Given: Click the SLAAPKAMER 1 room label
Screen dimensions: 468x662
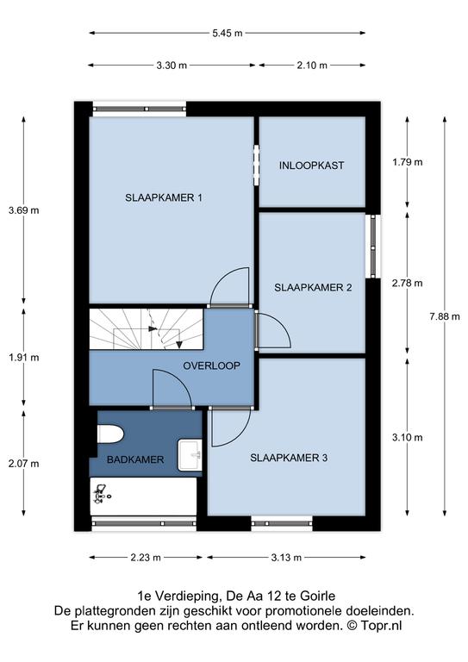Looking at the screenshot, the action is [163, 197].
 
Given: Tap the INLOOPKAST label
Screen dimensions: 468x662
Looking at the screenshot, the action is [311, 165].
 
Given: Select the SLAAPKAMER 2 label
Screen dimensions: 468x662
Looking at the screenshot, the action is [313, 288].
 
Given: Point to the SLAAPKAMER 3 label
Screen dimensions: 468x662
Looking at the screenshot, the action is [289, 458].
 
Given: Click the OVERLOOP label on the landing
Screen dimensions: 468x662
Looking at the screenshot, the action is [211, 365].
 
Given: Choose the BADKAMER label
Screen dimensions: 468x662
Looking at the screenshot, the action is [135, 459].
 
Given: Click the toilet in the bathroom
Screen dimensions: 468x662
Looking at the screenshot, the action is [109, 434].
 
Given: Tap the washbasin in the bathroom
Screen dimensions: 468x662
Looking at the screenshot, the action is [190, 455].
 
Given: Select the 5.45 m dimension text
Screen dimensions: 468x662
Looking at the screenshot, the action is [228, 33].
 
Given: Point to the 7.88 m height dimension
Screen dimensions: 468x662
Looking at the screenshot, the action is [445, 316].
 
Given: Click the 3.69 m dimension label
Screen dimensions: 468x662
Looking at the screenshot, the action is [23, 209].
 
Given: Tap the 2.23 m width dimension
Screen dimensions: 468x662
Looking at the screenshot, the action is [146, 558].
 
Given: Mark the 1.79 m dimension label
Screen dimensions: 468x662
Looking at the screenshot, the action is [407, 162].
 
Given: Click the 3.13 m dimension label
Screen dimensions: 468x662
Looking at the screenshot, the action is [286, 558].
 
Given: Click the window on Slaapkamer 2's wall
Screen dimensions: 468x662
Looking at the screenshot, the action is [373, 247].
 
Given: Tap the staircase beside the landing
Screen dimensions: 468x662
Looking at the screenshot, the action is [147, 329].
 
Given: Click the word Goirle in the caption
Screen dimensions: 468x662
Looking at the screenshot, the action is [317, 596].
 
